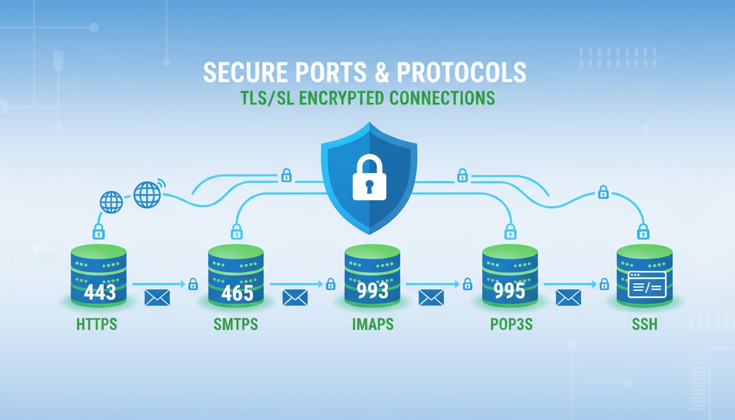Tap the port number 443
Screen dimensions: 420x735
click(x=100, y=292)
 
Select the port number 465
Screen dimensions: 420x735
click(x=237, y=293)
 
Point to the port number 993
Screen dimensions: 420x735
click(x=372, y=290)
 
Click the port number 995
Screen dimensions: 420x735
click(x=509, y=291)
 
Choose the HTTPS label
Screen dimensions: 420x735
click(x=97, y=324)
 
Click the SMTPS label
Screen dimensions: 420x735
click(x=236, y=324)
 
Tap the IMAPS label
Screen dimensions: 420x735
click(x=372, y=324)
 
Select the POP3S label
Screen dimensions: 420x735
click(x=511, y=324)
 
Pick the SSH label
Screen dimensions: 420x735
click(x=645, y=324)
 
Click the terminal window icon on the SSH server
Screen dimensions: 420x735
click(x=647, y=284)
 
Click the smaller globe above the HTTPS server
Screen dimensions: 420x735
click(x=111, y=202)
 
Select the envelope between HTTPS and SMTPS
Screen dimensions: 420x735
click(x=157, y=298)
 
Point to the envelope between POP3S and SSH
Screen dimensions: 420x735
click(x=568, y=298)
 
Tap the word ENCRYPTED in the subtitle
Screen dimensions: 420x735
click(x=344, y=98)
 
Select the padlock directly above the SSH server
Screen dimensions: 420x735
click(x=644, y=230)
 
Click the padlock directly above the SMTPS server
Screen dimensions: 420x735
click(x=237, y=231)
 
